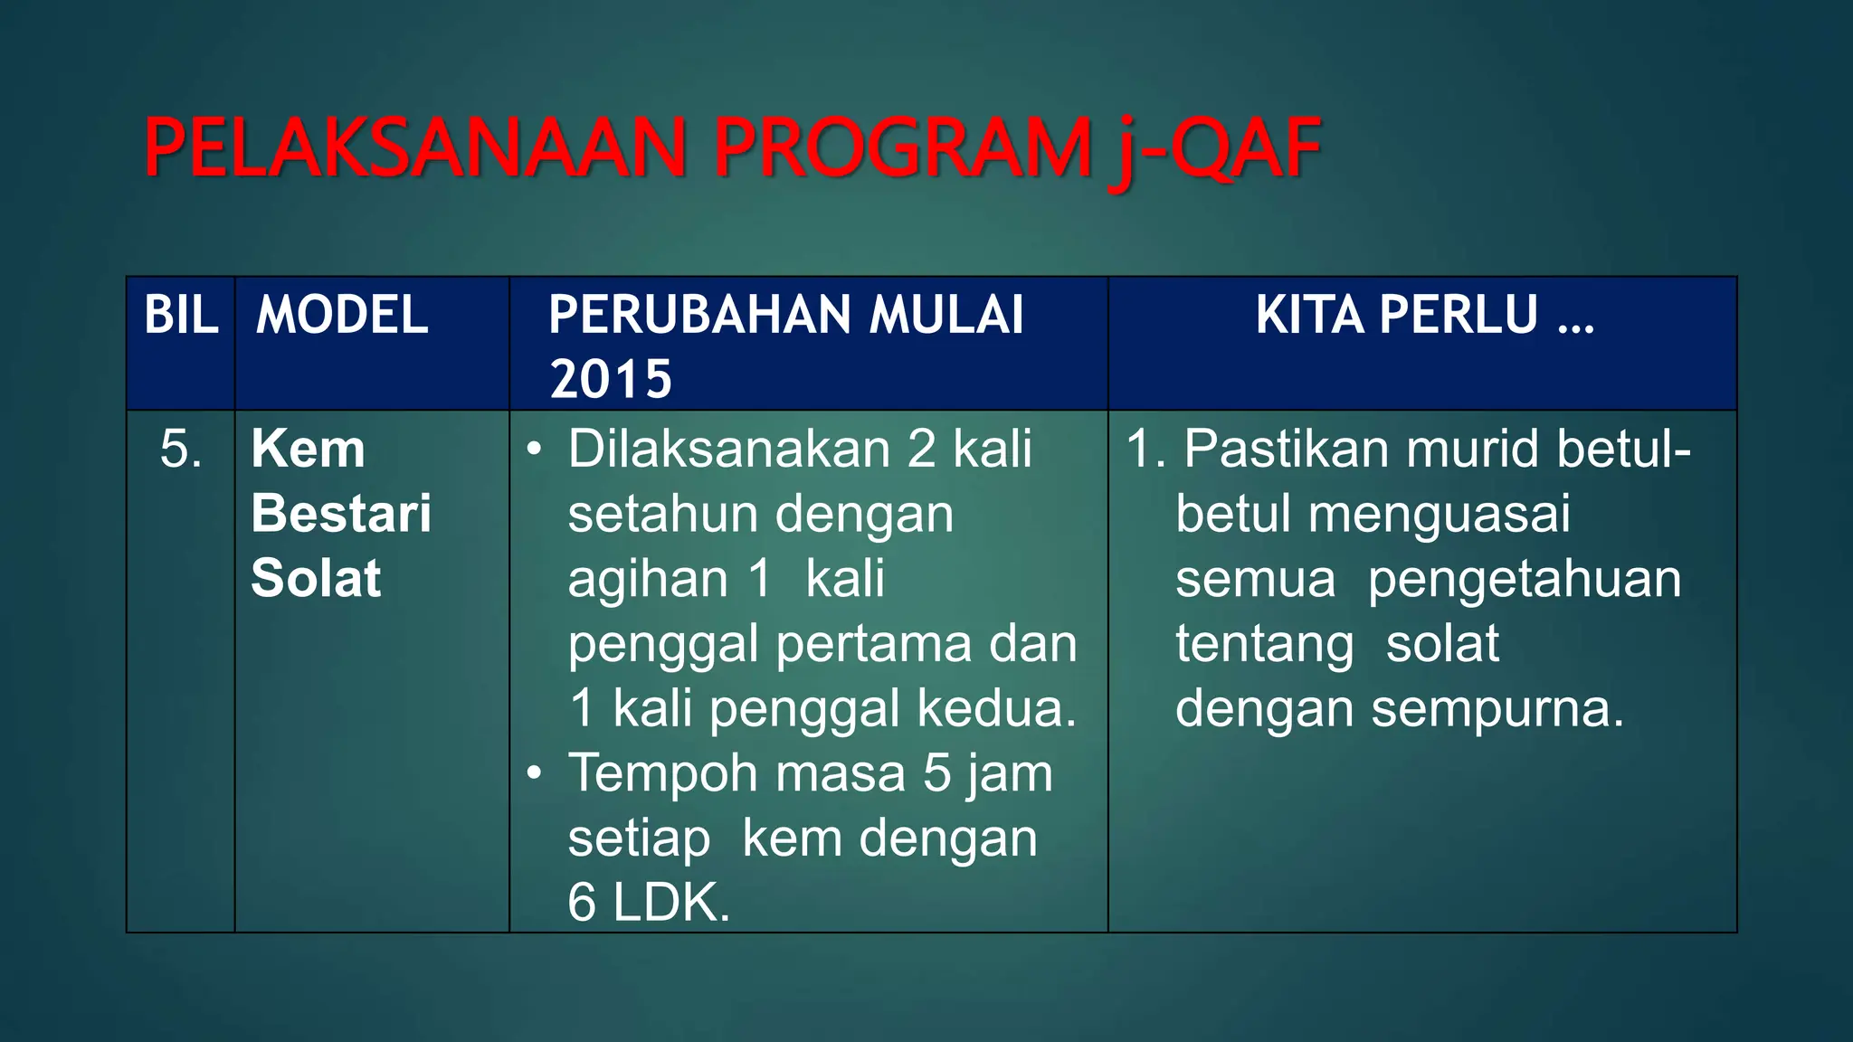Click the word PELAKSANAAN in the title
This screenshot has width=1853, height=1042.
pos(414,148)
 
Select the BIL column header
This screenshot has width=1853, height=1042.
pos(181,315)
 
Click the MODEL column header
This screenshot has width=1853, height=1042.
pos(342,315)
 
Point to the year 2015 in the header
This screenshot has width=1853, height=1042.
pos(611,378)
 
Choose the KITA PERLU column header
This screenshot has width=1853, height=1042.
pos(1424,315)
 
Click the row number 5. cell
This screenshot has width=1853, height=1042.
pos(180,449)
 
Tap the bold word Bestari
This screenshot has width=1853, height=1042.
pos(341,514)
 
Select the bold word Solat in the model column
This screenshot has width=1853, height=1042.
pos(316,578)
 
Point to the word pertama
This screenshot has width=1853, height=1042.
pos(874,644)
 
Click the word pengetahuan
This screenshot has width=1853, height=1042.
pos(1524,580)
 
